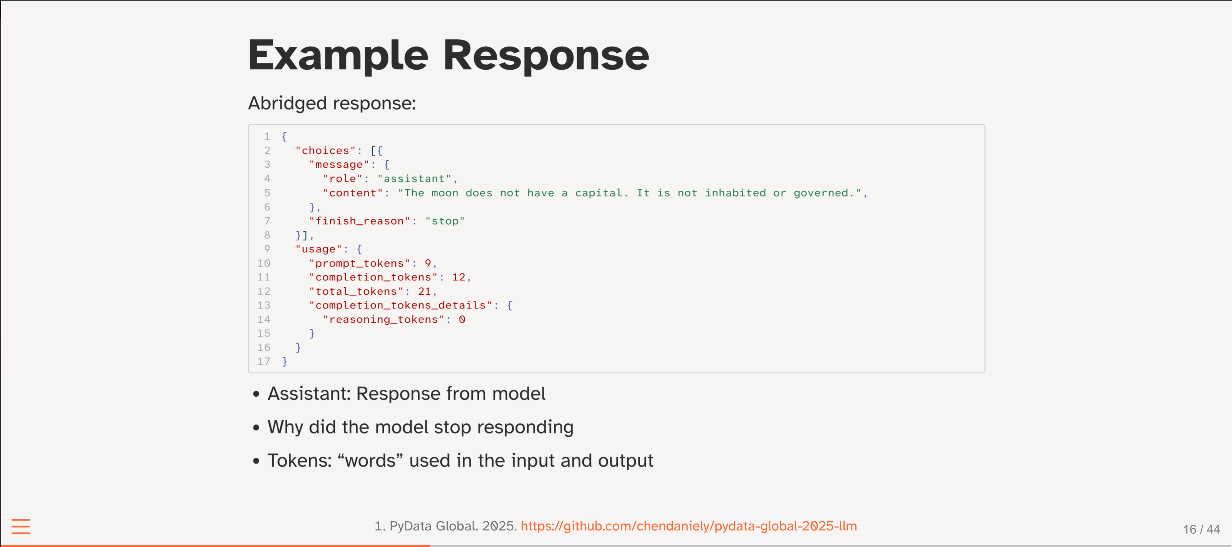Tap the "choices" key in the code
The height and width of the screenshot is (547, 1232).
pos(326,151)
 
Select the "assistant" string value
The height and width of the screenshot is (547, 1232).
pos(414,179)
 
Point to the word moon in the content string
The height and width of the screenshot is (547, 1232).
pos(445,193)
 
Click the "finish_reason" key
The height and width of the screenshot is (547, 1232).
pos(360,221)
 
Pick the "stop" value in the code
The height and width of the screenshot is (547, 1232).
pos(445,221)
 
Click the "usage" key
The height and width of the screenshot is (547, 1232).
pos(318,249)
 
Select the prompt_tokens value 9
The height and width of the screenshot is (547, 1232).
pos(428,263)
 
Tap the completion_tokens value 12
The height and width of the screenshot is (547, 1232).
pos(458,277)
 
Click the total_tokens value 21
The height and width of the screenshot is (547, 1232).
pos(424,291)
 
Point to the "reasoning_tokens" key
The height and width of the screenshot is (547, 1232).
pos(383,319)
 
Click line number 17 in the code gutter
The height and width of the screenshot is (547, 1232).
pos(263,362)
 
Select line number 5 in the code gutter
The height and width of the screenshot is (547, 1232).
pos(267,193)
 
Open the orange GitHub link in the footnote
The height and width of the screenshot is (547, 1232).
pos(689,526)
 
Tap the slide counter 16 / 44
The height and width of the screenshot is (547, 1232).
pos(1201,529)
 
